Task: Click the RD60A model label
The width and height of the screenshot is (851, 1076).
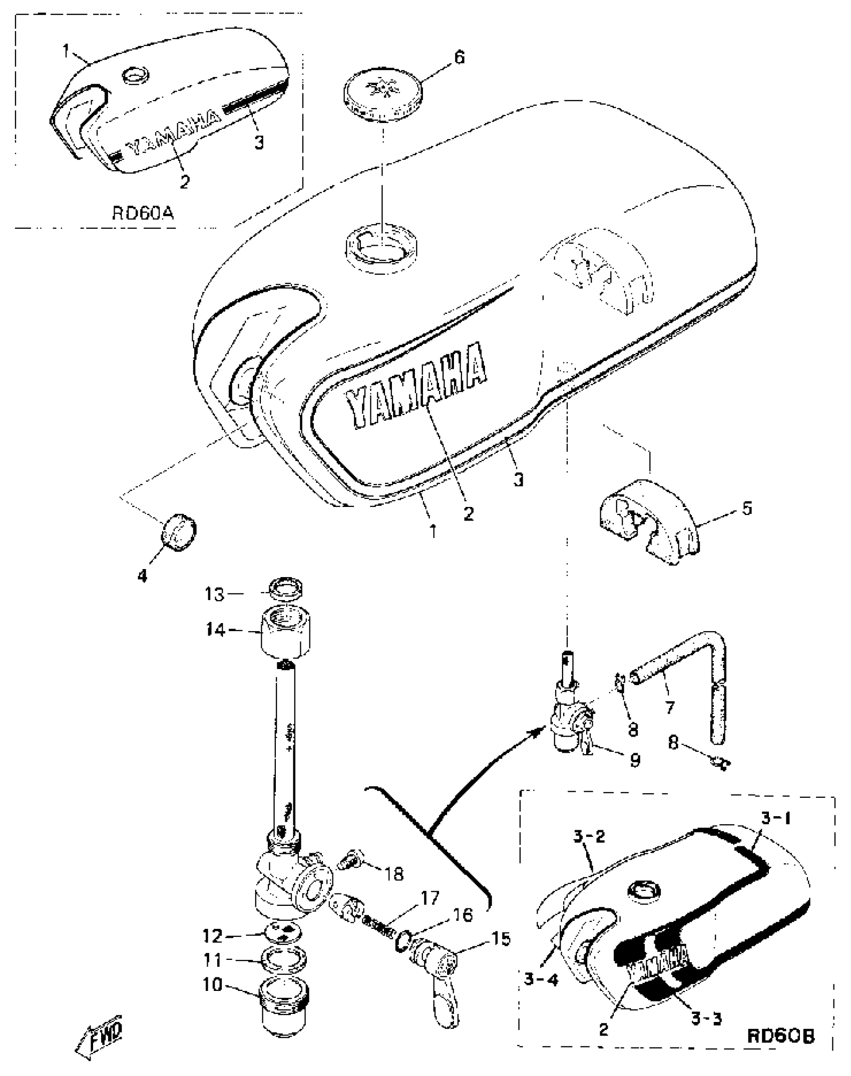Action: (x=142, y=214)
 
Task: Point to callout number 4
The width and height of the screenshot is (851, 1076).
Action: (x=143, y=576)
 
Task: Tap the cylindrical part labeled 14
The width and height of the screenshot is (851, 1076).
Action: (x=285, y=634)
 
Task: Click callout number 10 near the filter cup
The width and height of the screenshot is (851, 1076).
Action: (x=213, y=984)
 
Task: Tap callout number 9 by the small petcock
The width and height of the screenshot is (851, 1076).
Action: (x=635, y=760)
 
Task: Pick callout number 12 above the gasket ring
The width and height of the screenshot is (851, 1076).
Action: (x=213, y=935)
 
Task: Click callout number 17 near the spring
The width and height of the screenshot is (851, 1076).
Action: (x=430, y=897)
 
